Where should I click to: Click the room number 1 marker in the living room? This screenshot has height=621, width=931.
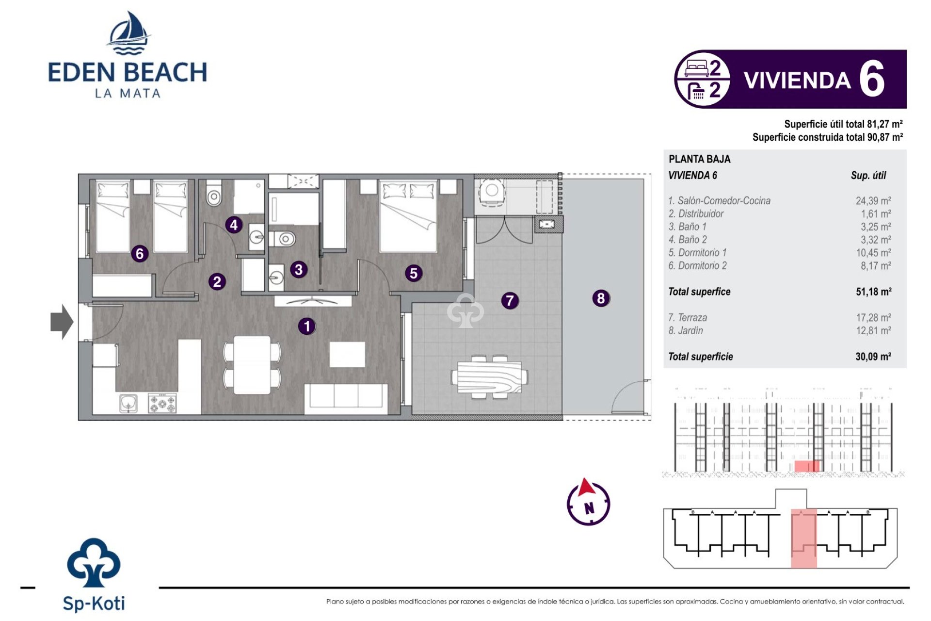pyautogui.click(x=306, y=326)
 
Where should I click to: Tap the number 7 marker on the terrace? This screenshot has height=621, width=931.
pyautogui.click(x=510, y=301)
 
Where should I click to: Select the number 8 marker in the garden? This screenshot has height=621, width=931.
pyautogui.click(x=601, y=298)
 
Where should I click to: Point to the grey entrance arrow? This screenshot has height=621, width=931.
pyautogui.click(x=62, y=322)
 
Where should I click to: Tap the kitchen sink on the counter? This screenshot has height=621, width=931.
pyautogui.click(x=128, y=403)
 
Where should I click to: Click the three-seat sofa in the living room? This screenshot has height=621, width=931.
pyautogui.click(x=346, y=398)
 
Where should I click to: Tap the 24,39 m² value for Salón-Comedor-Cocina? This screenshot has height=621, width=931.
pyautogui.click(x=873, y=201)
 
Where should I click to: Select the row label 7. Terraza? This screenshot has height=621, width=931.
pyautogui.click(x=688, y=318)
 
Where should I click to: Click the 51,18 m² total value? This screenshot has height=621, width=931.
pyautogui.click(x=873, y=292)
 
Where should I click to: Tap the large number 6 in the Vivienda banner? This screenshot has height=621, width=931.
pyautogui.click(x=871, y=80)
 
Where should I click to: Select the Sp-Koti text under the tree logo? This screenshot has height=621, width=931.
pyautogui.click(x=94, y=604)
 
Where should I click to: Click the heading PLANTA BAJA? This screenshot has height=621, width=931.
pyautogui.click(x=699, y=159)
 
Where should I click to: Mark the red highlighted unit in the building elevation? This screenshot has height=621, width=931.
pyautogui.click(x=806, y=466)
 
